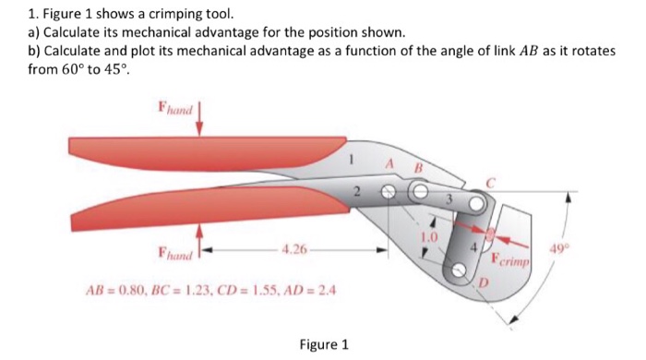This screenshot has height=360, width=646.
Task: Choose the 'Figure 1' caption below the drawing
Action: coord(324,344)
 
